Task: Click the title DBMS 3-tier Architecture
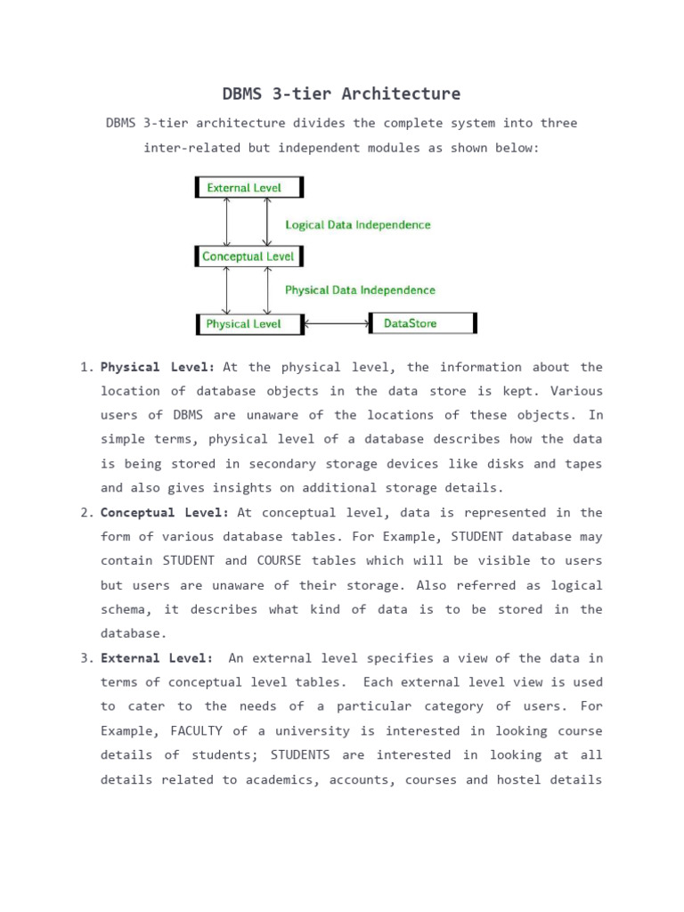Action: click(x=341, y=94)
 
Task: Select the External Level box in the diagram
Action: click(x=249, y=188)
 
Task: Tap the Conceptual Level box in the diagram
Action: click(x=249, y=256)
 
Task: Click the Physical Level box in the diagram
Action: click(x=249, y=324)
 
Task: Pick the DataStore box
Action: click(x=423, y=323)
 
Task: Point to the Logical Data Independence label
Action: click(x=357, y=225)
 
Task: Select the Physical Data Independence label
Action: click(x=360, y=290)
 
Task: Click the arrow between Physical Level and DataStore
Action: click(x=337, y=324)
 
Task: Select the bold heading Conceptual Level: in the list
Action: click(x=165, y=513)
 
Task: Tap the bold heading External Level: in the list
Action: click(x=157, y=658)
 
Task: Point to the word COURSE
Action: click(x=281, y=561)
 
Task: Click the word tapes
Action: click(x=582, y=464)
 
